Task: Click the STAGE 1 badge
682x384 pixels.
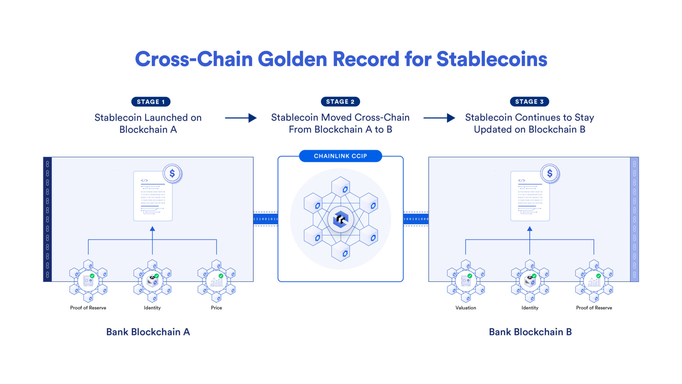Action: tap(151, 102)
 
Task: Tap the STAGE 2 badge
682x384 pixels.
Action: tap(340, 102)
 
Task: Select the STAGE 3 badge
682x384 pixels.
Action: tap(529, 102)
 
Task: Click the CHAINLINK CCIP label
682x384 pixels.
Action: tap(340, 156)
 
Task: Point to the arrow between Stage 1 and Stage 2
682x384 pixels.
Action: tap(240, 118)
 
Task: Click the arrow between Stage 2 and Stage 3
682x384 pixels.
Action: tap(439, 118)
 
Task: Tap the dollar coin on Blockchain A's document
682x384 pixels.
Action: tap(172, 173)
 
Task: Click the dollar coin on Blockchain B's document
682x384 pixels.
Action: tap(550, 173)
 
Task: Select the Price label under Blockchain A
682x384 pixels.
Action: tap(216, 308)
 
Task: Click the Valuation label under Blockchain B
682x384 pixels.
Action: tap(466, 308)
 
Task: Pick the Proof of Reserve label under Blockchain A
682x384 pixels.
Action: tap(88, 308)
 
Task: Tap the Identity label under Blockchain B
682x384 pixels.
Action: tap(530, 308)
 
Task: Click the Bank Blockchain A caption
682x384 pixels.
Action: tap(148, 332)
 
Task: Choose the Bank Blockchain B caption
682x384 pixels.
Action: tap(530, 332)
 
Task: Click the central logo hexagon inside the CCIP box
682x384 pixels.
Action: tap(340, 219)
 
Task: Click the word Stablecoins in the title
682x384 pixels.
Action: tap(492, 59)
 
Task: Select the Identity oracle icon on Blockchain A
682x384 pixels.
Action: tap(152, 281)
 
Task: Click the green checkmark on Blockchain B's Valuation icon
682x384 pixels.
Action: tap(470, 276)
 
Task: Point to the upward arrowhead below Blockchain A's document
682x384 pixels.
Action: tap(152, 229)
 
